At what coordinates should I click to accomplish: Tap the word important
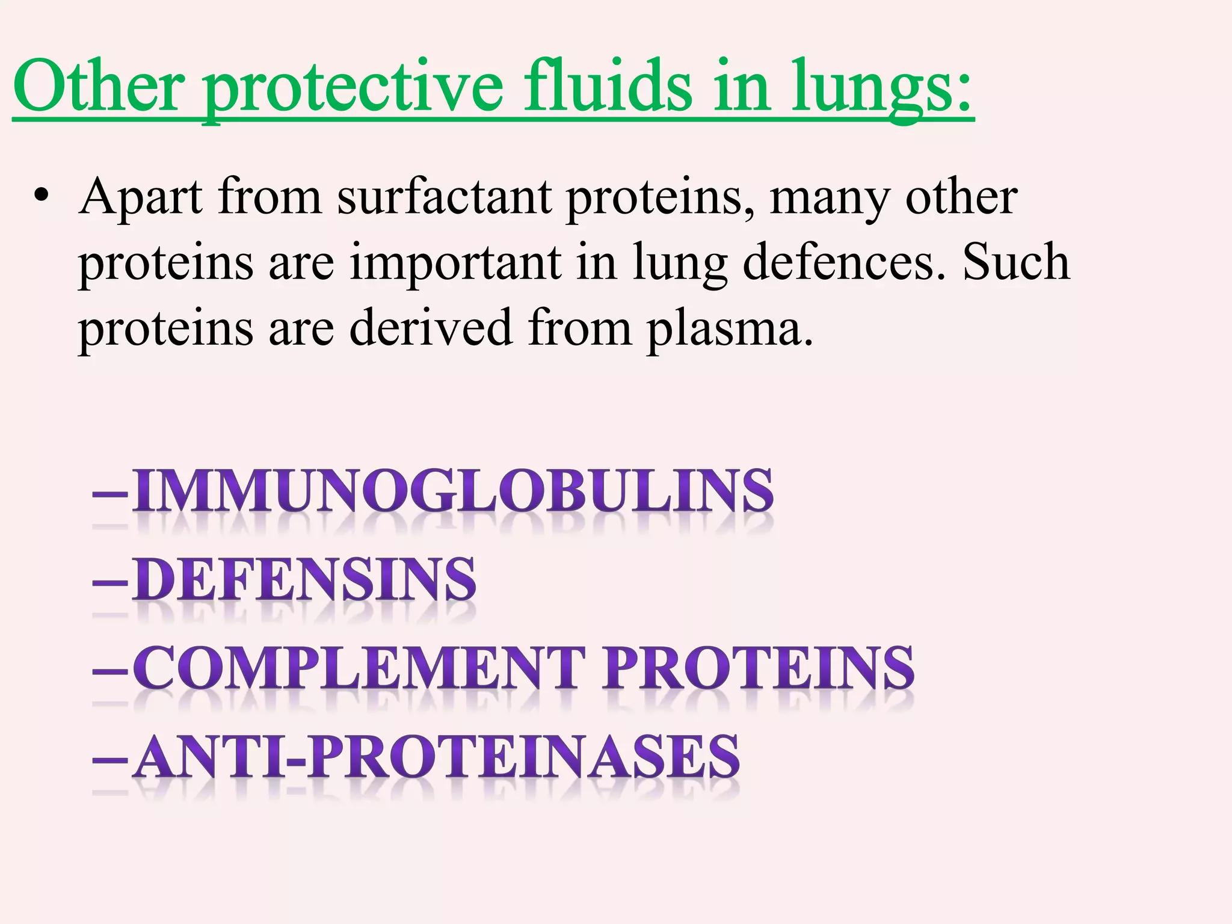click(x=455, y=263)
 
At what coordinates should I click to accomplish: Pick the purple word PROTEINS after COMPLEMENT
click(x=760, y=668)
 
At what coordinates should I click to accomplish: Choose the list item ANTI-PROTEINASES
click(x=436, y=756)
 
